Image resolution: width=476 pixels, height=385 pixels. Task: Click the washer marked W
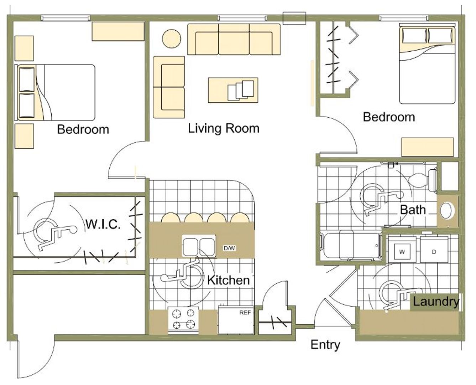pyautogui.click(x=402, y=250)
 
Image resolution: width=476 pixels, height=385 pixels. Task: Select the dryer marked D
pyautogui.click(x=434, y=250)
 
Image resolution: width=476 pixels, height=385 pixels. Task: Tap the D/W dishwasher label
pyautogui.click(x=229, y=248)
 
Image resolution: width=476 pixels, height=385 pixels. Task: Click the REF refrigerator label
pyautogui.click(x=245, y=313)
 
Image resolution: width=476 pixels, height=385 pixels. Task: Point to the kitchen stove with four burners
pyautogui.click(x=183, y=320)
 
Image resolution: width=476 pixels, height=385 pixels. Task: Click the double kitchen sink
pyautogui.click(x=199, y=246)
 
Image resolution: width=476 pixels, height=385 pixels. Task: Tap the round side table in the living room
pyautogui.click(x=171, y=38)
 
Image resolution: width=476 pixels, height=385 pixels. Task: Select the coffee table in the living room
pyautogui.click(x=233, y=90)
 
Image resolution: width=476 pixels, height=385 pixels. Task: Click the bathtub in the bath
pyautogui.click(x=350, y=246)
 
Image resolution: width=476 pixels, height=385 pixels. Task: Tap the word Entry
pyautogui.click(x=325, y=345)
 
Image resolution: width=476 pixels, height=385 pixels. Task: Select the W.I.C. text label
pyautogui.click(x=103, y=224)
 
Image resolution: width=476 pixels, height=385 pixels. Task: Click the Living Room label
pyautogui.click(x=224, y=128)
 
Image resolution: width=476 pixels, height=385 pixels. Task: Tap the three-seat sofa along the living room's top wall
pyautogui.click(x=234, y=39)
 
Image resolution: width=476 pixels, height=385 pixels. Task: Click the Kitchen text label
pyautogui.click(x=229, y=280)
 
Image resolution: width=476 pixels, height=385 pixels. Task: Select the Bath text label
pyautogui.click(x=413, y=210)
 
